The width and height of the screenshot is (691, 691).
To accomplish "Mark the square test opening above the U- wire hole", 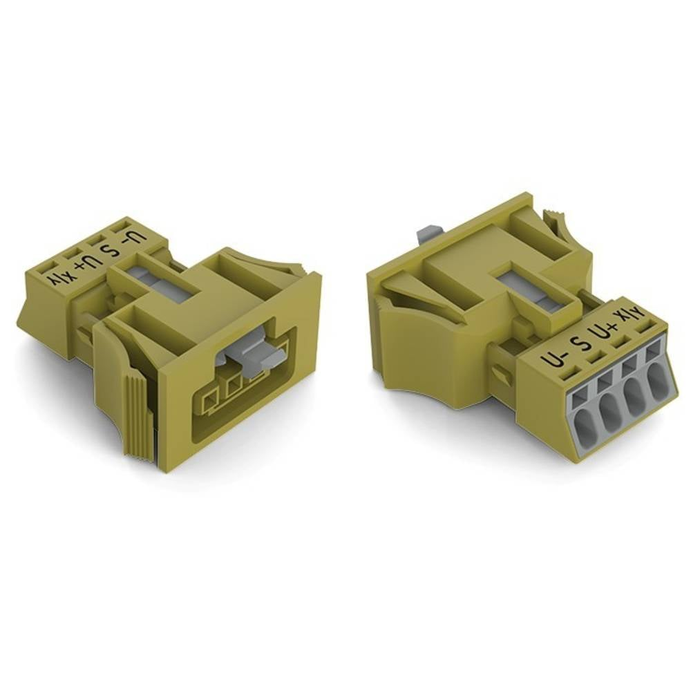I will click(x=578, y=393).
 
